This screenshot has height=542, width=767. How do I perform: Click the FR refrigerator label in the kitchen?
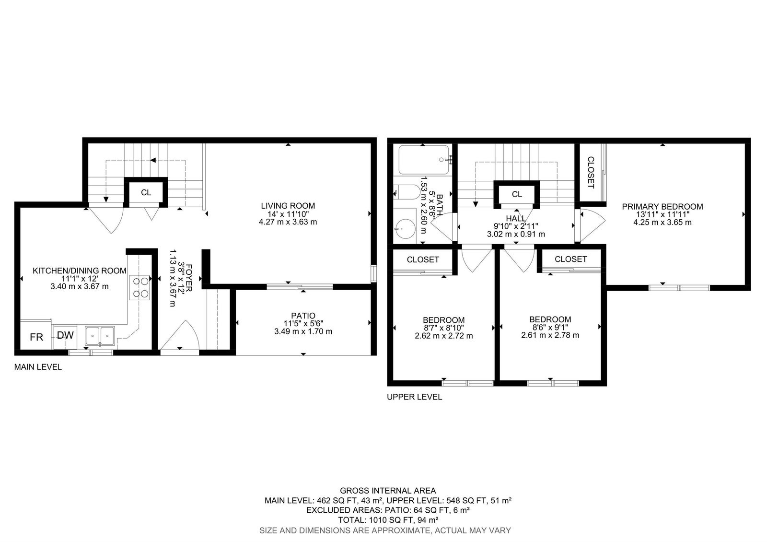point(36,338)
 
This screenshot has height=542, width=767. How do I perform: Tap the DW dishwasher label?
point(65,335)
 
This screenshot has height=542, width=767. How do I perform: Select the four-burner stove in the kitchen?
point(139,288)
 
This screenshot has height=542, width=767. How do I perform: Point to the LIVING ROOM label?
point(288,206)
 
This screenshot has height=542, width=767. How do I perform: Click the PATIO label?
point(303,316)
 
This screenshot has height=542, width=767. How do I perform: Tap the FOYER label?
point(188,278)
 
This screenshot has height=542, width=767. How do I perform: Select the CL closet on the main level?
point(146,192)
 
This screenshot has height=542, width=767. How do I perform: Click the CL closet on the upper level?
point(517,194)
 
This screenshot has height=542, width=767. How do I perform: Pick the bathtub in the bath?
point(424,160)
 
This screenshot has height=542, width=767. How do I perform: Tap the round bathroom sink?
point(405,229)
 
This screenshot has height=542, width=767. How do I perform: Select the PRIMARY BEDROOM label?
point(662,207)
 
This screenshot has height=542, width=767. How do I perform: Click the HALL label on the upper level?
point(516,218)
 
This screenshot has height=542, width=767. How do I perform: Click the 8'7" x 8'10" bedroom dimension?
point(444,328)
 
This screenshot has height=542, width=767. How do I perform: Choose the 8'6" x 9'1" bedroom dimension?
point(550,327)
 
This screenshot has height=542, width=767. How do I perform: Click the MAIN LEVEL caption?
point(38,367)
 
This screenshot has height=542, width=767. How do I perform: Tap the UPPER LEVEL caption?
point(414,397)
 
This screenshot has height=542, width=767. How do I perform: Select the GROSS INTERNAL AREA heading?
point(388,491)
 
